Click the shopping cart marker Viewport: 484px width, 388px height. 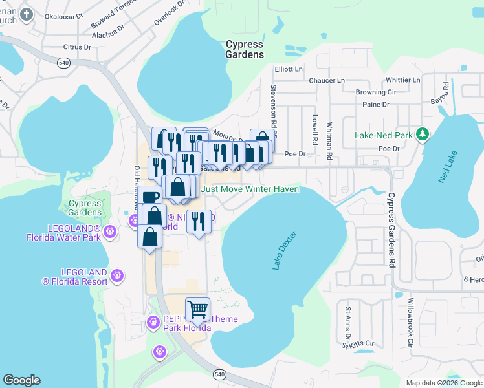(x=197, y=309)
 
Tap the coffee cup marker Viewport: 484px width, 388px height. (x=150, y=197)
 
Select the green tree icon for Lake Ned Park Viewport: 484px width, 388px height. (x=423, y=134)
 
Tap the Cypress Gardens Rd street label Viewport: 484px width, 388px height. (x=391, y=230)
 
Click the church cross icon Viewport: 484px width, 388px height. (x=26, y=14)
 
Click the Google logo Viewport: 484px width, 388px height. (x=21, y=380)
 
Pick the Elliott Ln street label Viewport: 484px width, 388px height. (x=289, y=69)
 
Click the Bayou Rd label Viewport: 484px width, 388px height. (x=445, y=94)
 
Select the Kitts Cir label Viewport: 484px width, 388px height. (x=362, y=343)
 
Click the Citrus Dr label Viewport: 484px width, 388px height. (x=78, y=47)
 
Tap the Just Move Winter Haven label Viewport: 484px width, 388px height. (x=250, y=189)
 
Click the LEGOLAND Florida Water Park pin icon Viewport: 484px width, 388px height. (x=110, y=230)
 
